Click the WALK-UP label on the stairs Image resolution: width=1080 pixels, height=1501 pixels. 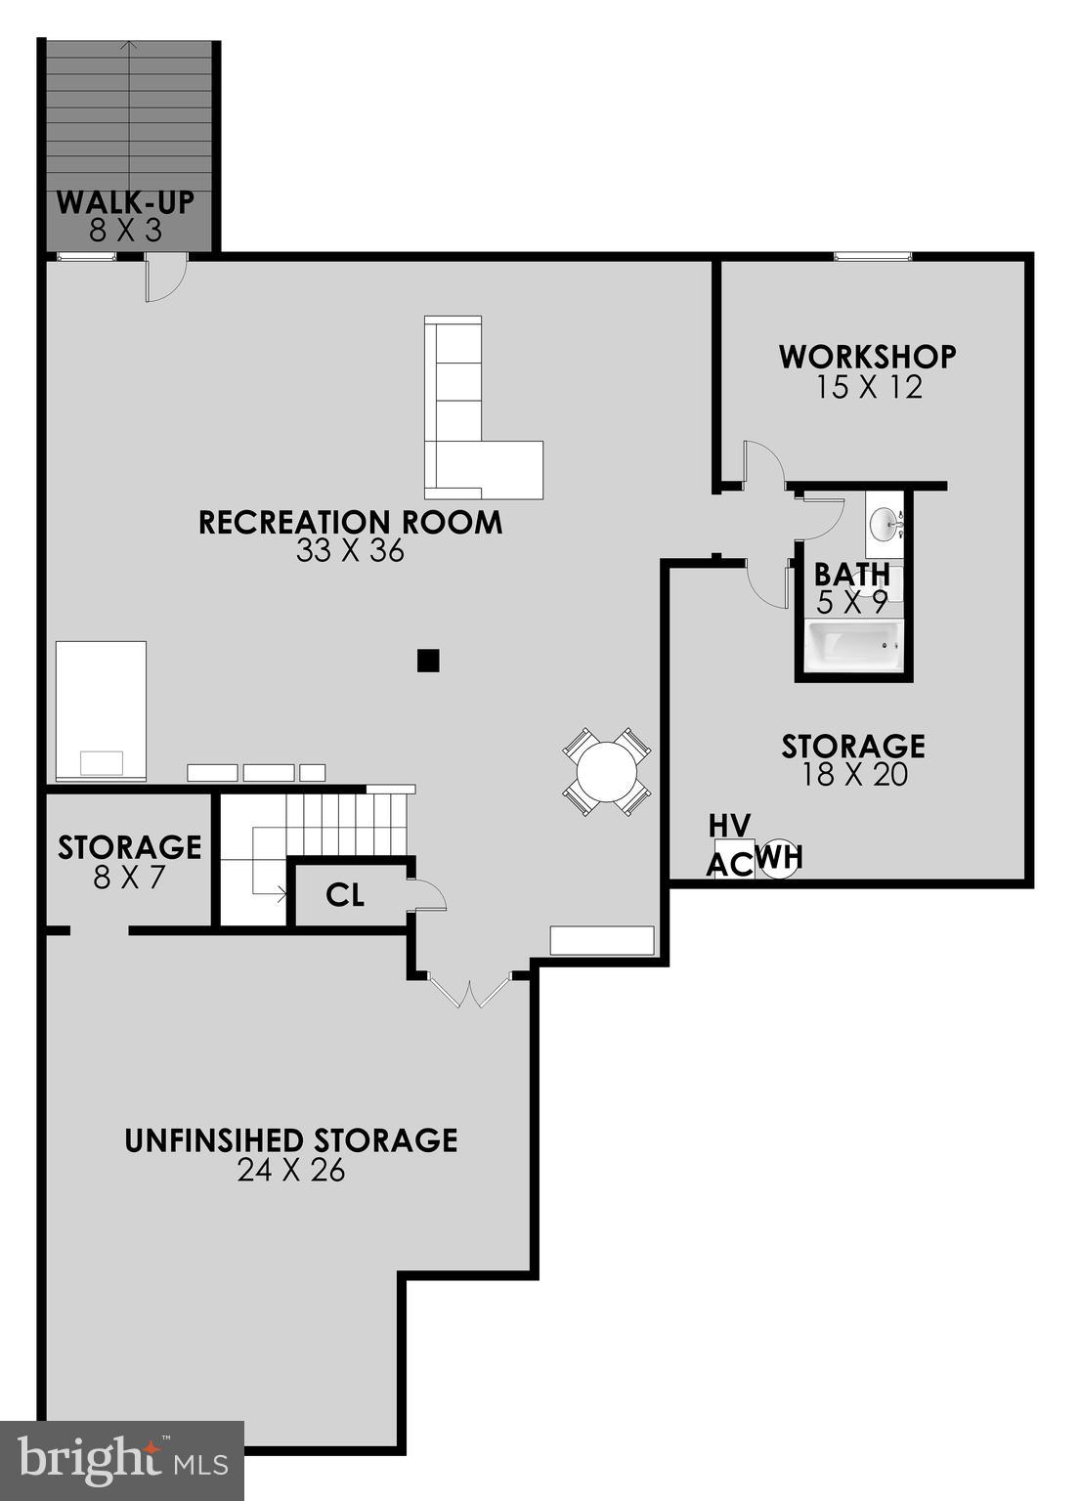click(125, 202)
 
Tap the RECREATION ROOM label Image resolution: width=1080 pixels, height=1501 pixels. click(350, 522)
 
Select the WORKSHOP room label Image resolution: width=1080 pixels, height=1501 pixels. click(867, 356)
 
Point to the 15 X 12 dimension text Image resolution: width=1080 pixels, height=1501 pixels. click(868, 388)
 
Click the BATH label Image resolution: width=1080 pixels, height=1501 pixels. click(851, 574)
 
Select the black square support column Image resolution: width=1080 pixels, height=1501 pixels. click(427, 661)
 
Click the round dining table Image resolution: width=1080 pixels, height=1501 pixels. click(606, 771)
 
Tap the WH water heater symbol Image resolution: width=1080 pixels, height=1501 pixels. click(780, 858)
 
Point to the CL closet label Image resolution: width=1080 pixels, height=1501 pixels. click(345, 894)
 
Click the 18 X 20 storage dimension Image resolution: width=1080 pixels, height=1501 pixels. click(853, 775)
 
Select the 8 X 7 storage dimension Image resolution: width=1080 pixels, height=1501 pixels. click(129, 878)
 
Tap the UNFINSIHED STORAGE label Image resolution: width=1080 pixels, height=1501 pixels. click(291, 1140)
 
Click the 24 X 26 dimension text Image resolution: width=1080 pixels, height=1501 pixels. click(291, 1171)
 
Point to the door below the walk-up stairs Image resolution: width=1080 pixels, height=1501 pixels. click(164, 279)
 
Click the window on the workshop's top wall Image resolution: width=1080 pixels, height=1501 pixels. click(873, 256)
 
